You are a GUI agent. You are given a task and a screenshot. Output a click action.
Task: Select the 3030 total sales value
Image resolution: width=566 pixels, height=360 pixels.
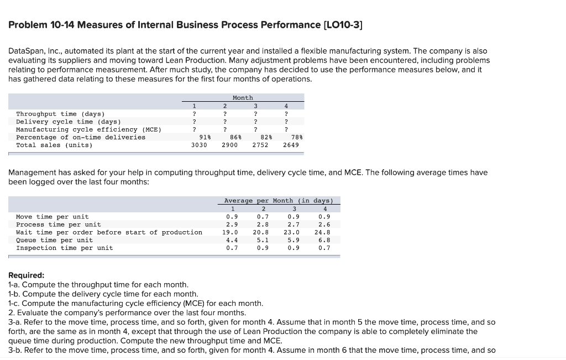click(199, 145)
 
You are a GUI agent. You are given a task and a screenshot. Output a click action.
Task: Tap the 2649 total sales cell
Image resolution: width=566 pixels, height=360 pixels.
click(291, 145)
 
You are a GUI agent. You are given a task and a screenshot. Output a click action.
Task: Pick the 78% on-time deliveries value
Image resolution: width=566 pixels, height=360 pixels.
click(295, 137)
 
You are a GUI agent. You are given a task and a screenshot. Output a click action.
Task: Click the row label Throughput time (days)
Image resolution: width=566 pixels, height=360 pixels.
click(61, 114)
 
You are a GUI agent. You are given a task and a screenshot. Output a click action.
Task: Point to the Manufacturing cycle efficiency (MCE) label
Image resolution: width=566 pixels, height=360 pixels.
click(88, 129)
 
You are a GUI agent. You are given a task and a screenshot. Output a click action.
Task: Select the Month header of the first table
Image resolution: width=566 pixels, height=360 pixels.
click(243, 98)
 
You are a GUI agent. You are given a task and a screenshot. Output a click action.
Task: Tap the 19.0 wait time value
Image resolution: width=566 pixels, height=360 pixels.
click(230, 232)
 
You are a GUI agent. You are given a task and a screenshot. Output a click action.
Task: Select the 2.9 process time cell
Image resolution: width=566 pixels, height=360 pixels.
click(232, 225)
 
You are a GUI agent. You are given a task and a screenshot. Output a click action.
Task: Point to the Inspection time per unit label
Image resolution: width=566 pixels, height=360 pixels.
click(65, 248)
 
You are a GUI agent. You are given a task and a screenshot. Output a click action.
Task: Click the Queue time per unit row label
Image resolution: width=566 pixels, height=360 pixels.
click(55, 240)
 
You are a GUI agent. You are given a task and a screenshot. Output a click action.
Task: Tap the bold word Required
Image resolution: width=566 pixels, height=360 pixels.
click(27, 275)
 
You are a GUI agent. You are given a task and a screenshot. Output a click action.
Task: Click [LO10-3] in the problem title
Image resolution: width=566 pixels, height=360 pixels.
click(343, 25)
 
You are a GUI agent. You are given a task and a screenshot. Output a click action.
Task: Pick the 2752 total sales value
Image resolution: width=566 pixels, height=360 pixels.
click(260, 145)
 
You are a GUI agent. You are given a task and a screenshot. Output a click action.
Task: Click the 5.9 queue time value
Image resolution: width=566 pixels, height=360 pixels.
click(294, 240)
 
